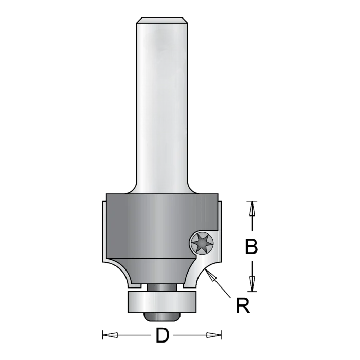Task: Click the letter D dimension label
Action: (163, 335)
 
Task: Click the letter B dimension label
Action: (251, 246)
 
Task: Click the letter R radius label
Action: (243, 305)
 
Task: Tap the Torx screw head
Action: (202, 242)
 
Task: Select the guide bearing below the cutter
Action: (162, 302)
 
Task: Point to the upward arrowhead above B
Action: (252, 208)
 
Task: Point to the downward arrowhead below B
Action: (252, 284)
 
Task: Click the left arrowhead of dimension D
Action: (110, 335)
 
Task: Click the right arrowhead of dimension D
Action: (214, 335)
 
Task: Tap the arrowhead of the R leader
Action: (211, 275)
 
